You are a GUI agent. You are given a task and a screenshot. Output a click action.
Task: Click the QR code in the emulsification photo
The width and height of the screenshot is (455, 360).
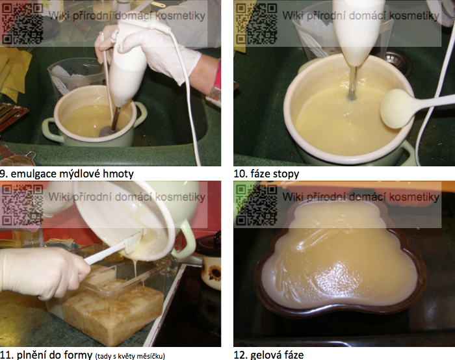click(x=22, y=23)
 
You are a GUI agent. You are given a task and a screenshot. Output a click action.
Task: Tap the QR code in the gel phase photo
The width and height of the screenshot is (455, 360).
click(x=256, y=205)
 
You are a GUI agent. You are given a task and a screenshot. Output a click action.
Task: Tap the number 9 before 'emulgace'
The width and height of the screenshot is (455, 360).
click(x=3, y=174)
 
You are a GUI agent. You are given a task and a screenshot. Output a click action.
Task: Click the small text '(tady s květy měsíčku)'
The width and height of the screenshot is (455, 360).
click(x=130, y=356)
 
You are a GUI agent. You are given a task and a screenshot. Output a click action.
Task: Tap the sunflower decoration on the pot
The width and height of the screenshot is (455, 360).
click(x=214, y=274)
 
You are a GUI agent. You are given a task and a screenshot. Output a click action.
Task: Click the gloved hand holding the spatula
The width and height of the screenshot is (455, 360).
click(x=44, y=274)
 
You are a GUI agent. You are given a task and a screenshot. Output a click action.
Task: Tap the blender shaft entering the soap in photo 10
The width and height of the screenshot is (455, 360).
click(x=352, y=83)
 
